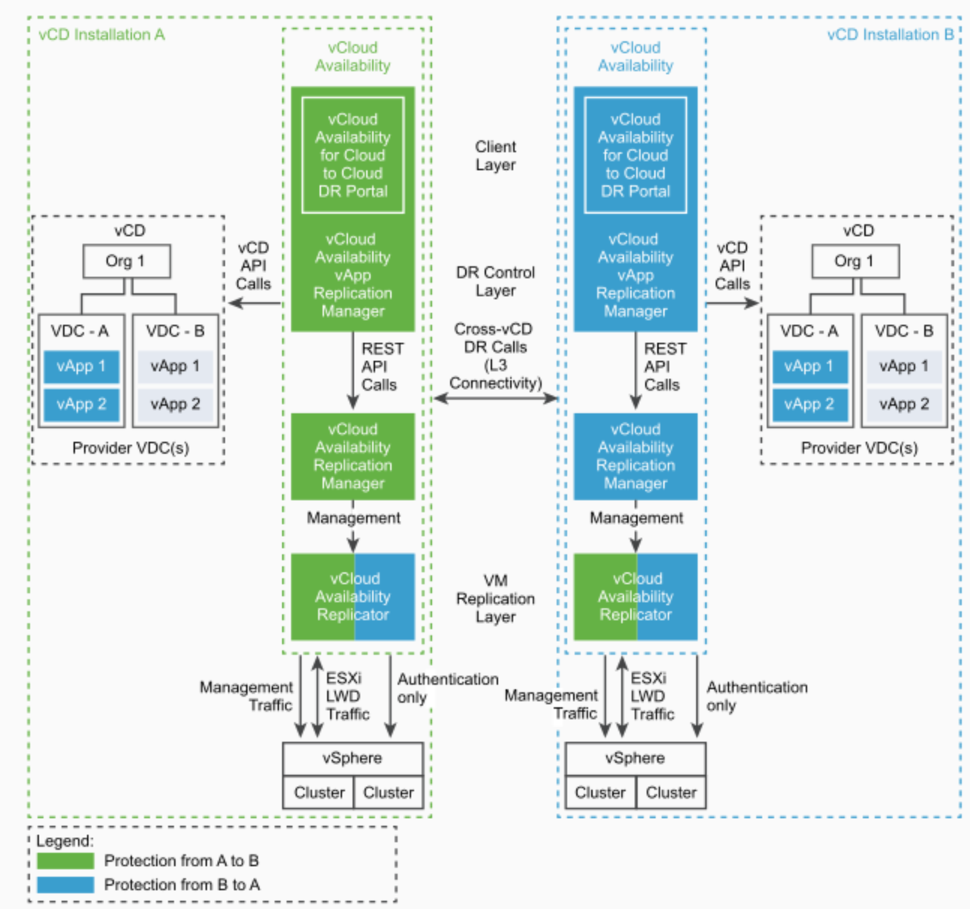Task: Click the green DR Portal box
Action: (353, 155)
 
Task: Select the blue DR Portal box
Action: (635, 155)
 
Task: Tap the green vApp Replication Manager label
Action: (353, 275)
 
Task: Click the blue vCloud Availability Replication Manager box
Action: (635, 456)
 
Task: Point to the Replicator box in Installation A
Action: (353, 597)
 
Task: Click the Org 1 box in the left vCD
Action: (126, 262)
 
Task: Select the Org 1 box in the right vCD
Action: (854, 262)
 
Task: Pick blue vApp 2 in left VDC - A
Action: (81, 404)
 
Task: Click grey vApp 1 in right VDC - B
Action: (904, 367)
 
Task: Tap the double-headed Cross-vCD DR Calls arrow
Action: (496, 398)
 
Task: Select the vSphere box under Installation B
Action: (635, 758)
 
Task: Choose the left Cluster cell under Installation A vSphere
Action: (319, 793)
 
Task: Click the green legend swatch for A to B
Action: (65, 861)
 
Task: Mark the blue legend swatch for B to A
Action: (65, 885)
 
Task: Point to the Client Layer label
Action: (496, 156)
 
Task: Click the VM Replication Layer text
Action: (496, 598)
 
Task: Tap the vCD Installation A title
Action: (101, 34)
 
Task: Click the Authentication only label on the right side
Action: (756, 696)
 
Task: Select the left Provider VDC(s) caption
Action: (131, 448)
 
